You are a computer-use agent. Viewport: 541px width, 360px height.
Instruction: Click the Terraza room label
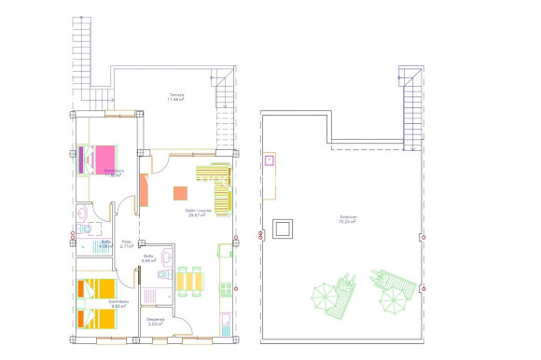point(175,96)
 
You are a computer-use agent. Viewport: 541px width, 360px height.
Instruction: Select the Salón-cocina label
point(197,213)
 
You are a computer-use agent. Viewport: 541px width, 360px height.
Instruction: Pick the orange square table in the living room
point(181,193)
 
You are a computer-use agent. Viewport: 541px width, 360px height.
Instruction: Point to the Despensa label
point(156,320)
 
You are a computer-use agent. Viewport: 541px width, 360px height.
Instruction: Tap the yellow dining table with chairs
point(189,280)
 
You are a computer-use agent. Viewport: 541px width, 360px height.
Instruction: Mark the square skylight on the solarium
point(282,227)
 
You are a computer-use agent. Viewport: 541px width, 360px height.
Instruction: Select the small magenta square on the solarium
point(270,161)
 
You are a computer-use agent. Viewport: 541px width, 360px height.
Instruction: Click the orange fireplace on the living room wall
point(145,189)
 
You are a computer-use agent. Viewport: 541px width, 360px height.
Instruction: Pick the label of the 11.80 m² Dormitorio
point(115,173)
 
